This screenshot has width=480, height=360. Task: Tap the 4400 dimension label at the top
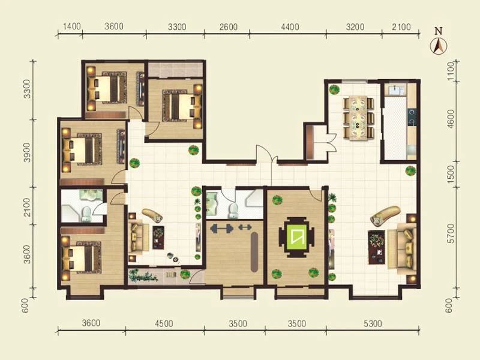[290, 27]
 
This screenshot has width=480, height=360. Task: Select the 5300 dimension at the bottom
[373, 323]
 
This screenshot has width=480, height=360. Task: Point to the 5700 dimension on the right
[451, 233]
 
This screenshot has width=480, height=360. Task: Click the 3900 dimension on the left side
[28, 152]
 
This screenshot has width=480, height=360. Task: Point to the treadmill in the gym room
[254, 252]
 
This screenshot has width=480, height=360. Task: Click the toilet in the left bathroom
[86, 214]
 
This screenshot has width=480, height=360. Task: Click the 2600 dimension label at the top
[229, 27]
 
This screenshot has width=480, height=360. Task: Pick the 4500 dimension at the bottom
[164, 323]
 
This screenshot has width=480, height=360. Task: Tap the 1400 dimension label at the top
[71, 26]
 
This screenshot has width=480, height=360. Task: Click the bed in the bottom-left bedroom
[82, 257]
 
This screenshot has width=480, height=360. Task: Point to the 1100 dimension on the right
[451, 71]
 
